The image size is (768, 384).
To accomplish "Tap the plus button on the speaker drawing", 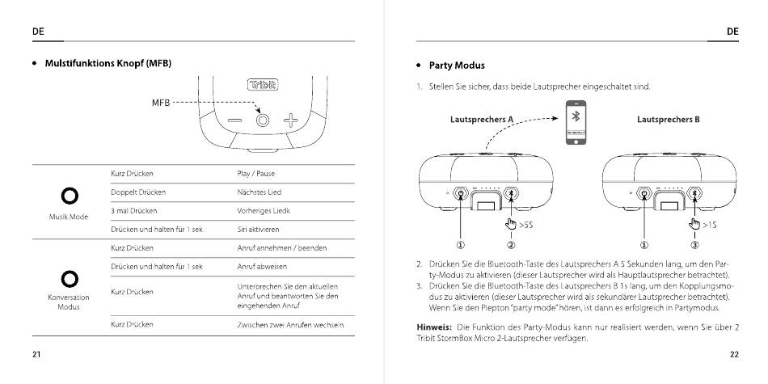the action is coord(291,120).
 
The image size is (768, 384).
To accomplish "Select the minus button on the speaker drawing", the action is coord(234,120).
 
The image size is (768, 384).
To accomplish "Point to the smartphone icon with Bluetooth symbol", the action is coord(576,122).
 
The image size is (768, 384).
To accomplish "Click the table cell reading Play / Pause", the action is coord(256,174).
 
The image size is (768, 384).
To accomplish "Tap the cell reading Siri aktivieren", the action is coord(258,229).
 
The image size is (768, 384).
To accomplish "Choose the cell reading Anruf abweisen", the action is coord(262,266).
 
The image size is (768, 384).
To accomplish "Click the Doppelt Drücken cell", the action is coord(137,192).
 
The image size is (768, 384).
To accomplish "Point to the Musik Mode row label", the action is coord(68,217).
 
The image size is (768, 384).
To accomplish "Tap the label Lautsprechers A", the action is coord(481,120).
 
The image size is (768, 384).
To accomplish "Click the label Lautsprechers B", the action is coord(668,120).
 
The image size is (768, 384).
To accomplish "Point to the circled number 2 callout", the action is coord(511,245).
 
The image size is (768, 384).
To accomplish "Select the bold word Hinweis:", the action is coord(433,327).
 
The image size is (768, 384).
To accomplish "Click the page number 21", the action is coord(36,354).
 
